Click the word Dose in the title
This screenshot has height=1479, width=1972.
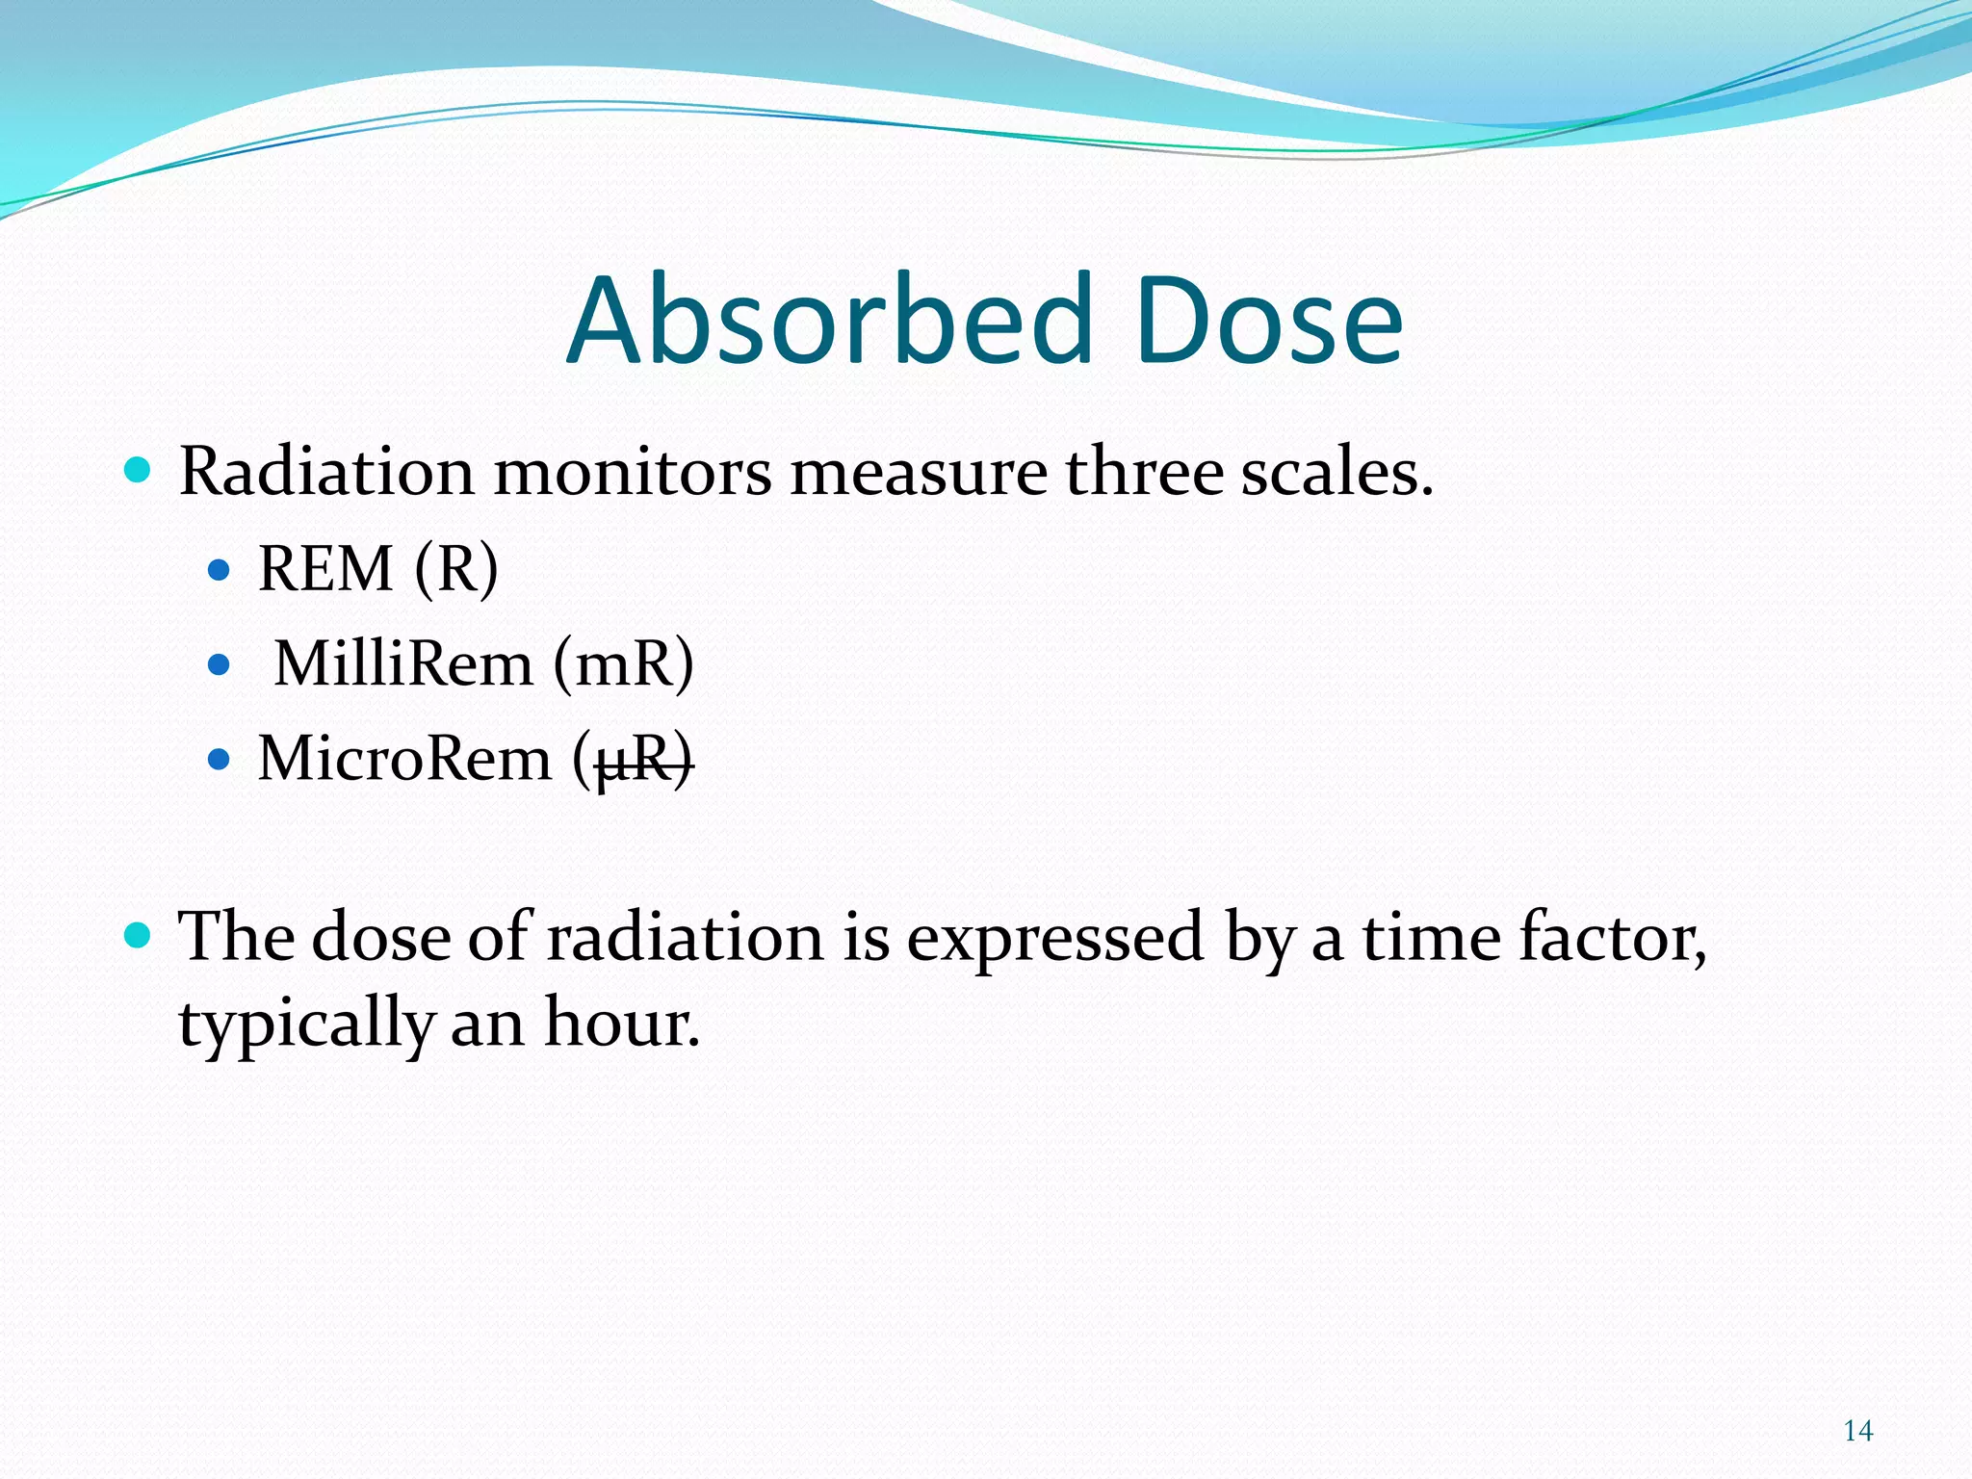point(1268,321)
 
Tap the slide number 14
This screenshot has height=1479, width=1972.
point(1857,1431)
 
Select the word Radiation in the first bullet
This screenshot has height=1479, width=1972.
point(326,472)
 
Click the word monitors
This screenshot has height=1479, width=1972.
point(633,472)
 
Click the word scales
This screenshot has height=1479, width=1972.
point(1336,472)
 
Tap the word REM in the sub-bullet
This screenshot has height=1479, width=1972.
point(325,568)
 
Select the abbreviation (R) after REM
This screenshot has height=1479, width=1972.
point(456,568)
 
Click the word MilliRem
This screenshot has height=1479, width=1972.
point(403,663)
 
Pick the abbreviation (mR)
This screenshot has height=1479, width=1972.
point(623,663)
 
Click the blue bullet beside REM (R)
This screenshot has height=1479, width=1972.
point(220,570)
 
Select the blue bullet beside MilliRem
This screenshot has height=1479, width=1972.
point(220,664)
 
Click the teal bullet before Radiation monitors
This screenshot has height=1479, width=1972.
point(139,471)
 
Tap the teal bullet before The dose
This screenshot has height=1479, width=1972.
point(139,935)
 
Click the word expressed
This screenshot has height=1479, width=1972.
point(1054,937)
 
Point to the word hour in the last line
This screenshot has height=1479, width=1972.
point(620,1023)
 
